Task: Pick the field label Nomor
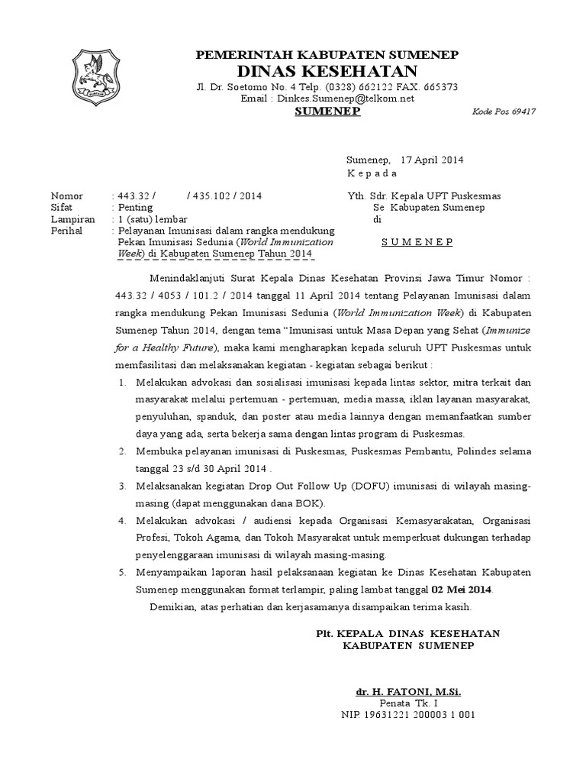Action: tap(67, 195)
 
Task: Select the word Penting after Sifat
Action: tap(134, 207)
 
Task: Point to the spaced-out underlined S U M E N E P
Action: tap(417, 242)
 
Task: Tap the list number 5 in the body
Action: tap(123, 572)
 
